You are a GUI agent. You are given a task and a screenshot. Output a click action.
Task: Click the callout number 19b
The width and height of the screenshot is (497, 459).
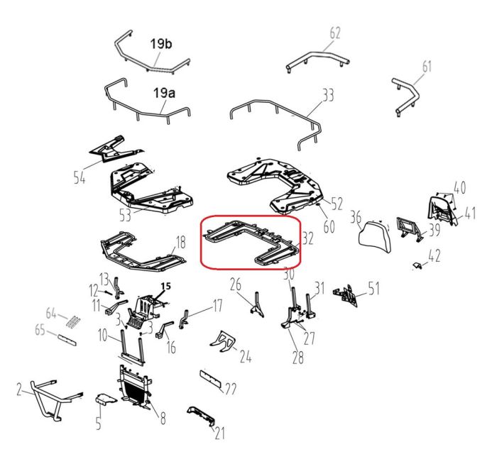pyautogui.click(x=161, y=44)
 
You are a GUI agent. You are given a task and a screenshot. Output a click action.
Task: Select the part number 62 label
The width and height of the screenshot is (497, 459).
pyautogui.click(x=334, y=33)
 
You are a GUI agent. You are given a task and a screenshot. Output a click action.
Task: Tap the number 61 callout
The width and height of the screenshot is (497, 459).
pyautogui.click(x=427, y=67)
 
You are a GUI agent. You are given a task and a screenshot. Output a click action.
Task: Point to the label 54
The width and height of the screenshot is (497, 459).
pyautogui.click(x=80, y=177)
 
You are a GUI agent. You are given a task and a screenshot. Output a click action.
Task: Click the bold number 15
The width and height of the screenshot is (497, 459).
pyautogui.click(x=165, y=286)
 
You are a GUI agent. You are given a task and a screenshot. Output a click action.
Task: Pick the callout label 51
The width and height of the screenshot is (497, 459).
pyautogui.click(x=373, y=288)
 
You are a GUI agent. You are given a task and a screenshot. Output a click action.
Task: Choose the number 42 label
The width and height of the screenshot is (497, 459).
pyautogui.click(x=435, y=255)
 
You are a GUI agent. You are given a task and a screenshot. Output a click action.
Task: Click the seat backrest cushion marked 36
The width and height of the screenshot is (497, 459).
pyautogui.click(x=374, y=237)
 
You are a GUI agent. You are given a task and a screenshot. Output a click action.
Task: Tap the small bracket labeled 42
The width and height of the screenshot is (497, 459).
pyautogui.click(x=418, y=265)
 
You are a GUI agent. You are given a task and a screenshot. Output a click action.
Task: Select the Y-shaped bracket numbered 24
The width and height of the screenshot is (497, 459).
pyautogui.click(x=222, y=342)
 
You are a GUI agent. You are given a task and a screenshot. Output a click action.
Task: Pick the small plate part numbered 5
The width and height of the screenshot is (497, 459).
pyautogui.click(x=105, y=399)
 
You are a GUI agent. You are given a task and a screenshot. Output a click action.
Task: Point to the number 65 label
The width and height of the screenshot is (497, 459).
pyautogui.click(x=40, y=331)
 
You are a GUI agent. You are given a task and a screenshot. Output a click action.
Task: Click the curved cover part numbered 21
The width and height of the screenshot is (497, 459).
pyautogui.click(x=201, y=416)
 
